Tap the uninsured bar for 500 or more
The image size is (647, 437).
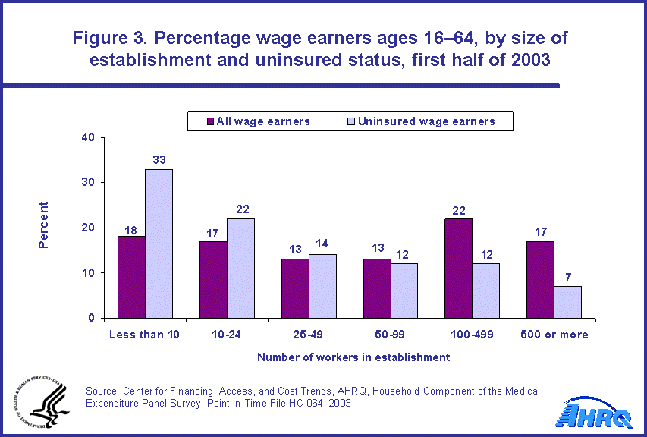568,301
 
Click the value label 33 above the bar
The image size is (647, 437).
159,161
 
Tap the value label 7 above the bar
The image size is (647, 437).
568,278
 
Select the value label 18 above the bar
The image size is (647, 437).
131,228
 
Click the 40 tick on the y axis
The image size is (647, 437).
88,137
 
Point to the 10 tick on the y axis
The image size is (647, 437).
88,272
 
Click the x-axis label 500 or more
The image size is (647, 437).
554,335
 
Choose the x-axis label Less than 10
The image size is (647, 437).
145,335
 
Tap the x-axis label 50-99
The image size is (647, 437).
391,335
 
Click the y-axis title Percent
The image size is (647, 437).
44,225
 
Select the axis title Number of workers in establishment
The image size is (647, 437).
353,357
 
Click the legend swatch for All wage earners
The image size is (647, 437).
209,121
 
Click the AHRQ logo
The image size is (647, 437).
595,415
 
